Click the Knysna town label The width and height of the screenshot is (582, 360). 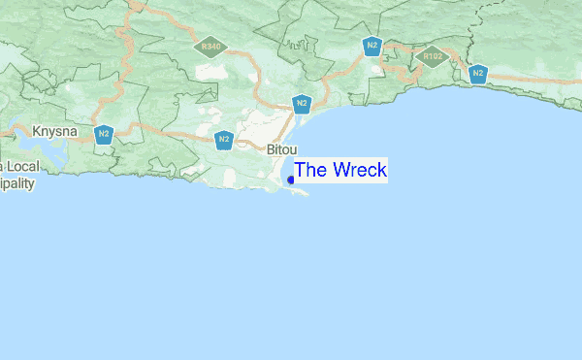point(54,129)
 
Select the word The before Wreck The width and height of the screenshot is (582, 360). point(310,170)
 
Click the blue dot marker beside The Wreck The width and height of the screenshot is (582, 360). point(291,180)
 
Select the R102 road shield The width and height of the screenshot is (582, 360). point(432,56)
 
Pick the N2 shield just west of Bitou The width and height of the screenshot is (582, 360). point(224,141)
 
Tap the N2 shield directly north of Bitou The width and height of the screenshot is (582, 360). point(302,104)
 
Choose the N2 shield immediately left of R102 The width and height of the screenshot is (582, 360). point(372,45)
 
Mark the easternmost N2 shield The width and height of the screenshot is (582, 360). point(477,73)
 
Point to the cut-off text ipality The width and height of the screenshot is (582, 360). point(16,182)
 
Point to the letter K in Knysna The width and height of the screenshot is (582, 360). point(37,129)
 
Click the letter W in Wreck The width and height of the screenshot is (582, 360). point(339,170)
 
